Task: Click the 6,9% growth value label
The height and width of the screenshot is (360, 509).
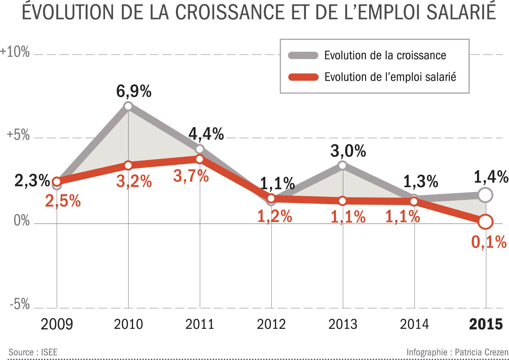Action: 134,91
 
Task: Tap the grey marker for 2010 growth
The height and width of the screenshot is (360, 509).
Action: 128,106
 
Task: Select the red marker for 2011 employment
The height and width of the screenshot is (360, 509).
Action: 200,159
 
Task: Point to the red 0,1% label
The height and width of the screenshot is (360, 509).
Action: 489,242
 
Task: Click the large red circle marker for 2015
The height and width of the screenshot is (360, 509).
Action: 485,222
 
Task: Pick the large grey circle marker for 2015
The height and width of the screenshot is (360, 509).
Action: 485,195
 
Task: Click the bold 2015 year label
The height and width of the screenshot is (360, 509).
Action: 486,324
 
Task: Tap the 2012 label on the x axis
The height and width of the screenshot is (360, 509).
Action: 271,324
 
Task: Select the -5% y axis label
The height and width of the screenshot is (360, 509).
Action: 20,304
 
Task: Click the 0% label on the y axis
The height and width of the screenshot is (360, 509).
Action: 21,221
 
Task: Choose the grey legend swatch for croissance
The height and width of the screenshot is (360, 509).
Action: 303,55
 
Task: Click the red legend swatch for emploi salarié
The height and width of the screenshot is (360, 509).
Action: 303,77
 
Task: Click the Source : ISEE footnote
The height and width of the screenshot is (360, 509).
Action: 33,352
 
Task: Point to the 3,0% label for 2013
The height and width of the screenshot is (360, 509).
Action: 348,151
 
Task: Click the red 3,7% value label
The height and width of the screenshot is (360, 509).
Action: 191,176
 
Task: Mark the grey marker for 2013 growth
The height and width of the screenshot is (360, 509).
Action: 343,165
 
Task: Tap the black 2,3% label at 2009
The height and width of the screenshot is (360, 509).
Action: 32,180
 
